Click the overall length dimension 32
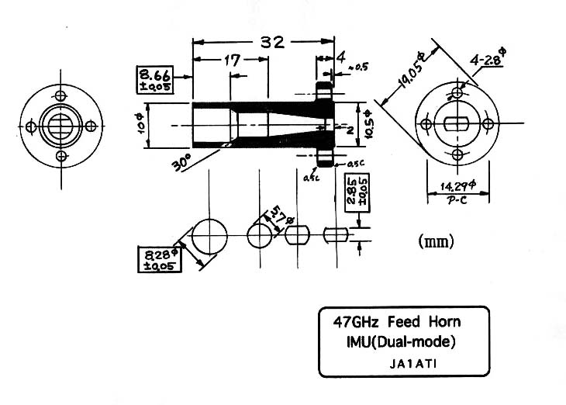[x=272, y=43]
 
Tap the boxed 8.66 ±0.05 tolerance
[x=154, y=80]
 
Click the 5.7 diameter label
[x=278, y=218]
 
